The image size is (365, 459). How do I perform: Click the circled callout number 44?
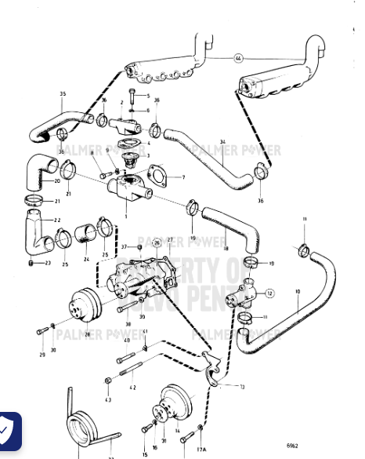(238, 58)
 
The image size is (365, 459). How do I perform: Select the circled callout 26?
(157, 243)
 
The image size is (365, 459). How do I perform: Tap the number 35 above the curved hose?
(62, 94)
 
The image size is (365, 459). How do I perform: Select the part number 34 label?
(222, 142)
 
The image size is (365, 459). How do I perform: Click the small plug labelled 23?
(31, 263)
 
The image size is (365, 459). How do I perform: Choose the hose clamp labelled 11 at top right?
(302, 250)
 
